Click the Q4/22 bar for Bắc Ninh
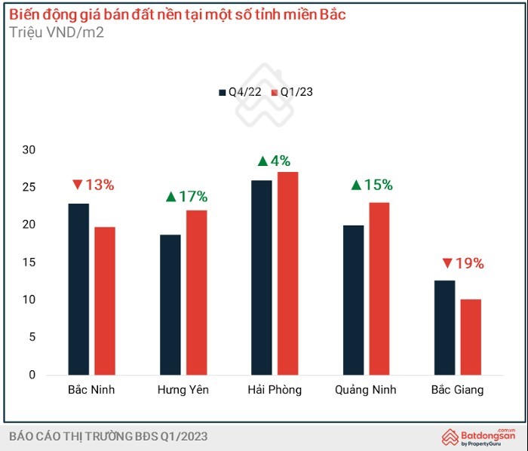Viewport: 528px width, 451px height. click(x=78, y=289)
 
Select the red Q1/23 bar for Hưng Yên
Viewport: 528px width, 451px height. click(x=196, y=293)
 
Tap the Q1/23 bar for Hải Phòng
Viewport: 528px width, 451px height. click(x=287, y=273)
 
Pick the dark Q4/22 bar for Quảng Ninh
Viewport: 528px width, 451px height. click(x=353, y=300)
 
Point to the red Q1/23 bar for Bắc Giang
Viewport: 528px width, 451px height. click(x=471, y=337)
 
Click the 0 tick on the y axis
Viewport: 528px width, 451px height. click(x=32, y=375)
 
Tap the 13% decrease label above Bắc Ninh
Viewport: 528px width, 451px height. click(x=93, y=185)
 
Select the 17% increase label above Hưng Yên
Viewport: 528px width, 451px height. click(x=186, y=197)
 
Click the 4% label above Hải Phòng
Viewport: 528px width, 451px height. click(x=274, y=161)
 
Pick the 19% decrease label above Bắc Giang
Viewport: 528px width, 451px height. click(x=462, y=264)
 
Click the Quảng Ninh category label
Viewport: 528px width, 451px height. click(x=366, y=390)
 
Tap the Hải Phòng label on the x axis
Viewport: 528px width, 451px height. click(x=275, y=390)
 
